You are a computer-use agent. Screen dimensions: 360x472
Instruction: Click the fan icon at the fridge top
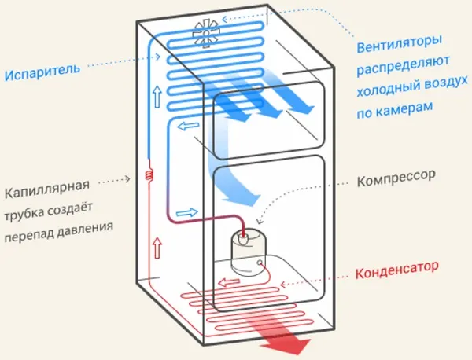pos(208,35)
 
